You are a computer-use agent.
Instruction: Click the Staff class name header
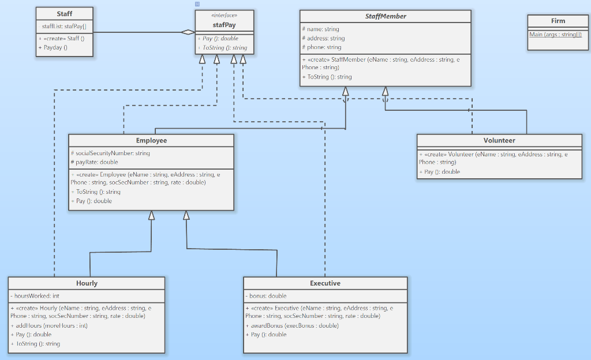[x=65, y=14]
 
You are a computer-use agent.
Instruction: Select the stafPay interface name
[x=224, y=24]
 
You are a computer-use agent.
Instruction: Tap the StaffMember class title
[x=386, y=16]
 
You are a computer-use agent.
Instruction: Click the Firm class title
[x=558, y=21]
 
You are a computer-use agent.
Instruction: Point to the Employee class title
[x=151, y=140]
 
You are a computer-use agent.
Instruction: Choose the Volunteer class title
[x=499, y=140]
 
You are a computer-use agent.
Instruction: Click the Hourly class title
[x=87, y=283]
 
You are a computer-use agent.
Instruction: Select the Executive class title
[x=325, y=283]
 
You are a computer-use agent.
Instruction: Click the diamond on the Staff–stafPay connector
[x=188, y=32]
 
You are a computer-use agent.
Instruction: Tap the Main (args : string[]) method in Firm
[x=555, y=35]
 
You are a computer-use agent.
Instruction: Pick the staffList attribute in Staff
[x=64, y=27]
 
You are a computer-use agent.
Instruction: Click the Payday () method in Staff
[x=53, y=47]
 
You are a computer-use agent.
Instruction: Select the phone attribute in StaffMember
[x=321, y=47]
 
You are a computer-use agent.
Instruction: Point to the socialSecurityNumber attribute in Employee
[x=110, y=153]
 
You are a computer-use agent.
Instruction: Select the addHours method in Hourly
[x=49, y=325]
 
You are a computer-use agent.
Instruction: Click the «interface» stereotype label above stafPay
[x=224, y=16]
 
